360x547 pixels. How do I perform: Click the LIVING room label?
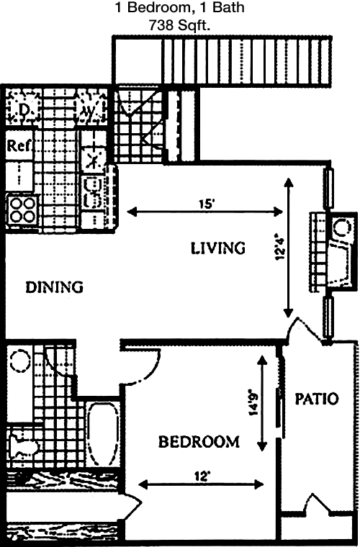tap(218, 248)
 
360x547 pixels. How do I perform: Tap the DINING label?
tap(55, 287)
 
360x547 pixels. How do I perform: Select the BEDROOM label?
tap(199, 442)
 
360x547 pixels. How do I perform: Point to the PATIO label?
tap(317, 399)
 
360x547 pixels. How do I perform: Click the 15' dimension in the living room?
tap(206, 204)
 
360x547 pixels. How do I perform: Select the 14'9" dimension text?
tap(253, 402)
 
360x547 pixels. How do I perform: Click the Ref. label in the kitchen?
tap(19, 145)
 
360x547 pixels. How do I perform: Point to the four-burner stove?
tap(22, 210)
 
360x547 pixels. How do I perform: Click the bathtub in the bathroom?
tap(102, 434)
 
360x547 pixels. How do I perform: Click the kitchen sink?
tap(93, 191)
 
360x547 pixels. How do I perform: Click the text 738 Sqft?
tap(179, 24)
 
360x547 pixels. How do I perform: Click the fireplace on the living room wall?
tap(334, 251)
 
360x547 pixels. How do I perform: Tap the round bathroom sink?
tap(20, 361)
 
